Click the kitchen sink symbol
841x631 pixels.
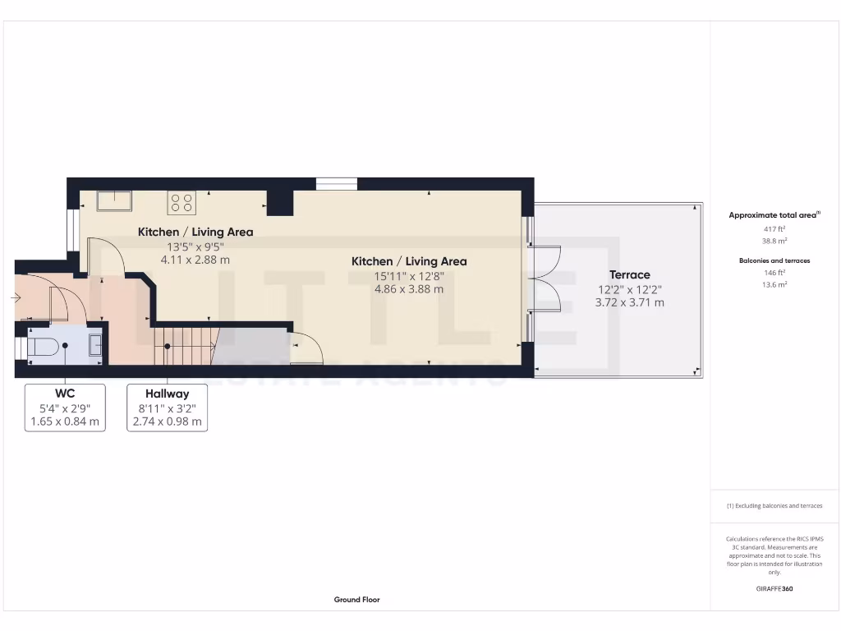[113, 201]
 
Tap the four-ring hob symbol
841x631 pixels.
[182, 202]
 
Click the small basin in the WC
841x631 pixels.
[95, 343]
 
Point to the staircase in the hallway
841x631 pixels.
[186, 345]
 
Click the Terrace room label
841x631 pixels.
[630, 274]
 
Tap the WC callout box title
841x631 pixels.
[65, 394]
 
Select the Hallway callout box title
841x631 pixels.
[167, 394]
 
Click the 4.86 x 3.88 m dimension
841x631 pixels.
[409, 289]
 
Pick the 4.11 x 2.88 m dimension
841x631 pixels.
[195, 260]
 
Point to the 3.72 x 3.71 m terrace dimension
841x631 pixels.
[630, 302]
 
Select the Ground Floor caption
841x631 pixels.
[356, 600]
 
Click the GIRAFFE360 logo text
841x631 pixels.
[774, 588]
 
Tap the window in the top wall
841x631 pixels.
[337, 184]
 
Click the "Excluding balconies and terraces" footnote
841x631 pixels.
[774, 506]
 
